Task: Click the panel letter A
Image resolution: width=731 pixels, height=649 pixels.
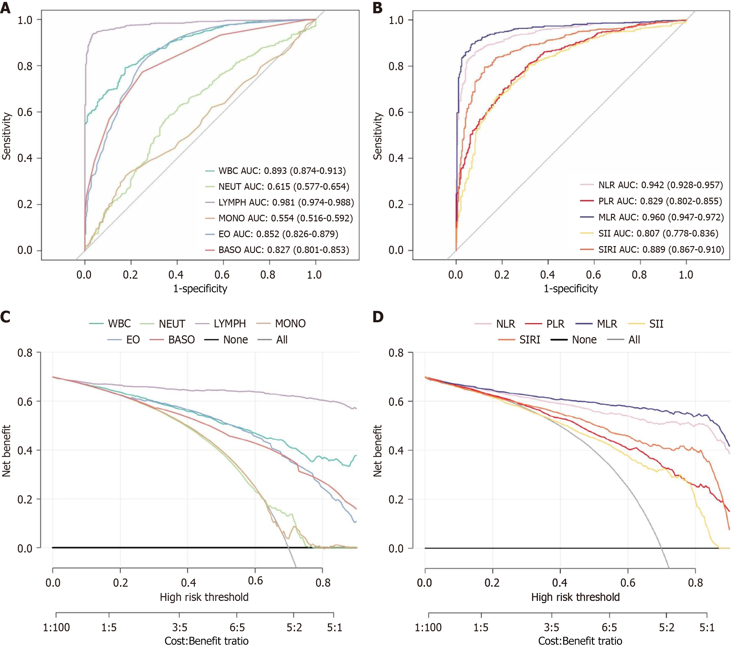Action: click(x=5, y=8)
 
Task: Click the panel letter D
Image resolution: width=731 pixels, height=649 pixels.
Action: click(x=378, y=317)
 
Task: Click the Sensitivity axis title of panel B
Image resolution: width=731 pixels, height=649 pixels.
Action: click(x=378, y=136)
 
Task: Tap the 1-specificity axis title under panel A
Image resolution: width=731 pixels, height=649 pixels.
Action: click(x=200, y=288)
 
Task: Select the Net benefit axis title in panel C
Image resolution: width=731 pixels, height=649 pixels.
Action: click(x=6, y=451)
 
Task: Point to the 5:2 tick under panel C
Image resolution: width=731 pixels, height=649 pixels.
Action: click(x=294, y=627)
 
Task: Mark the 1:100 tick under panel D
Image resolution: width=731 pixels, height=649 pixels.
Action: click(x=428, y=627)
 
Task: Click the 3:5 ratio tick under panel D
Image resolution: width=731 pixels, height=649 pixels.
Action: click(x=552, y=627)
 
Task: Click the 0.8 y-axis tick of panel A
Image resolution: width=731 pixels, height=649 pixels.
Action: click(x=25, y=66)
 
